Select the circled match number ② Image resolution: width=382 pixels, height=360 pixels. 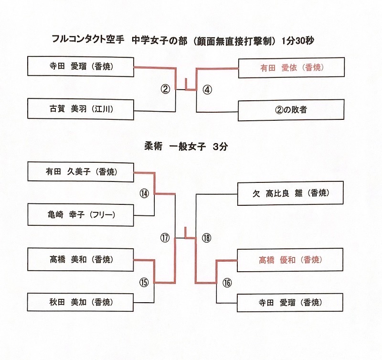(x=165, y=89)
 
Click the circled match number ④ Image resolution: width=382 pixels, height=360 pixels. (x=206, y=89)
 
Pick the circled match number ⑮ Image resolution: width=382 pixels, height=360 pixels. (x=144, y=282)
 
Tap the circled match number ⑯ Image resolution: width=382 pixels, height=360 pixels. (x=227, y=282)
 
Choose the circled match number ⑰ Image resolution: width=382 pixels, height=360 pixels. (x=165, y=238)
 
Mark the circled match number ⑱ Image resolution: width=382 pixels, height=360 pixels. (x=206, y=238)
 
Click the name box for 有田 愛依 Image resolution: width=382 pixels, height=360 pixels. (x=291, y=67)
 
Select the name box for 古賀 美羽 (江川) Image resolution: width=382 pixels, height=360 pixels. (x=80, y=109)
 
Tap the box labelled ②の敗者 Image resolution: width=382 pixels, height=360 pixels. (x=291, y=109)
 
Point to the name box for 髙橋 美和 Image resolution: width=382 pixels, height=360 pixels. (x=80, y=260)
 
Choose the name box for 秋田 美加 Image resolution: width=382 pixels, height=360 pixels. (x=80, y=302)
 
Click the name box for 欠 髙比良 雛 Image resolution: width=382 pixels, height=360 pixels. (x=291, y=193)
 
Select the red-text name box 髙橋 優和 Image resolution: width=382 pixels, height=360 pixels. (x=291, y=260)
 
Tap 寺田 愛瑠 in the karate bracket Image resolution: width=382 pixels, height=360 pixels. (x=80, y=67)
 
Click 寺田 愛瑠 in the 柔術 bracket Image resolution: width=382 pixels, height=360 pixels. (x=291, y=302)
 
